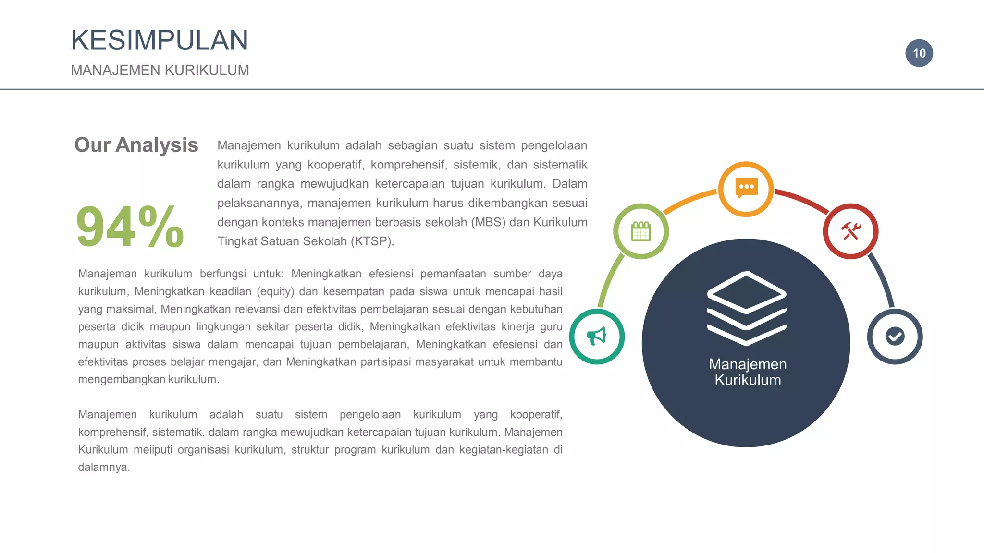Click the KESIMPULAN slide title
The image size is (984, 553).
click(x=160, y=40)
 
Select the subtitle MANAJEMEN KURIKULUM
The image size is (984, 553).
click(x=160, y=70)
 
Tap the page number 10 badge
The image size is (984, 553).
click(x=919, y=53)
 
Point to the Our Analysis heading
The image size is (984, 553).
click(x=136, y=145)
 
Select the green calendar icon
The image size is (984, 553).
click(x=641, y=231)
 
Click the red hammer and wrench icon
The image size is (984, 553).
click(x=850, y=231)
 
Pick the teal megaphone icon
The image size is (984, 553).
click(x=597, y=337)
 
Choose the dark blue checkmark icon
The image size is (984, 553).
click(x=895, y=337)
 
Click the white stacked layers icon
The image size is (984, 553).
click(x=746, y=308)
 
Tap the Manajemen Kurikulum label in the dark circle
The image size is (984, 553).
click(x=748, y=372)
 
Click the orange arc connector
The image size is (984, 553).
click(x=689, y=201)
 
